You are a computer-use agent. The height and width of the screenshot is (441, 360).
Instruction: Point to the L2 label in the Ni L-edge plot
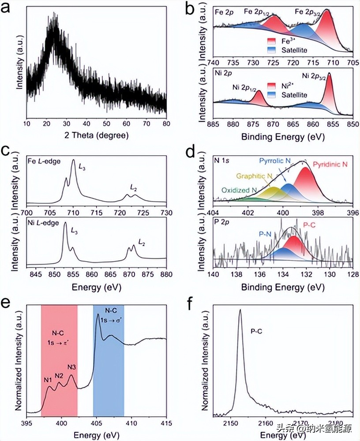pyautogui.click(x=142, y=242)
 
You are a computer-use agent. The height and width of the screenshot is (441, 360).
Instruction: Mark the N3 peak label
pyautogui.click(x=72, y=367)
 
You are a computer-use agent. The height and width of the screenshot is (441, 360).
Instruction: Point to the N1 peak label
pyautogui.click(x=47, y=380)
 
